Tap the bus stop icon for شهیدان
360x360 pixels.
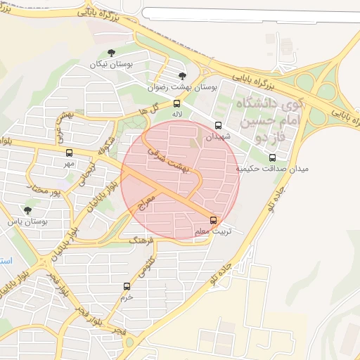[x=217, y=125]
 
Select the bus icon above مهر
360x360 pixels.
[x=68, y=153]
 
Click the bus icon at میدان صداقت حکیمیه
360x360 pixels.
[x=273, y=157]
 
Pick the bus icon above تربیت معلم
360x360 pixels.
[x=214, y=219]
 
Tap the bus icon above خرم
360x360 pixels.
[x=127, y=285]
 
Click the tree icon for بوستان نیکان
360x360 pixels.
[x=110, y=53]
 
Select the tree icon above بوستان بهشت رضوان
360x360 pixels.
[x=183, y=76]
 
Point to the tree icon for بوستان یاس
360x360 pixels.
[x=27, y=210]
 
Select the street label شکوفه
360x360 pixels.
[x=105, y=144]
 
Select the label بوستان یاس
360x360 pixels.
[x=27, y=221]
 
